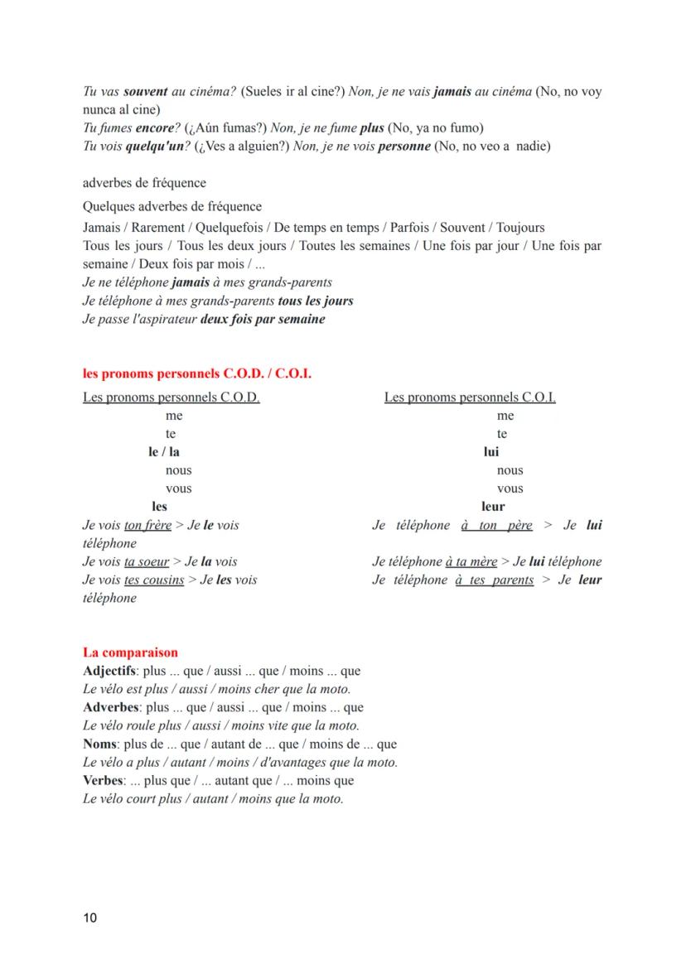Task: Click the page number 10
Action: [90, 918]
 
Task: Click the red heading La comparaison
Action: [130, 653]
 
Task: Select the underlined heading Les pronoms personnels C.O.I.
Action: [470, 397]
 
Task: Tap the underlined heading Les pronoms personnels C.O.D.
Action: [171, 397]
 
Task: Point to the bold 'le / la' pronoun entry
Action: [164, 452]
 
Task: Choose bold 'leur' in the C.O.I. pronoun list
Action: [493, 507]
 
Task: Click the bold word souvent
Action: [145, 92]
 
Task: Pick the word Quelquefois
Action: [229, 228]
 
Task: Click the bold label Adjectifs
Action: [109, 671]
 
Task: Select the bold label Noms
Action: [99, 744]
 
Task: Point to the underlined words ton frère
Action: [147, 525]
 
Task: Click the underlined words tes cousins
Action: [154, 580]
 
